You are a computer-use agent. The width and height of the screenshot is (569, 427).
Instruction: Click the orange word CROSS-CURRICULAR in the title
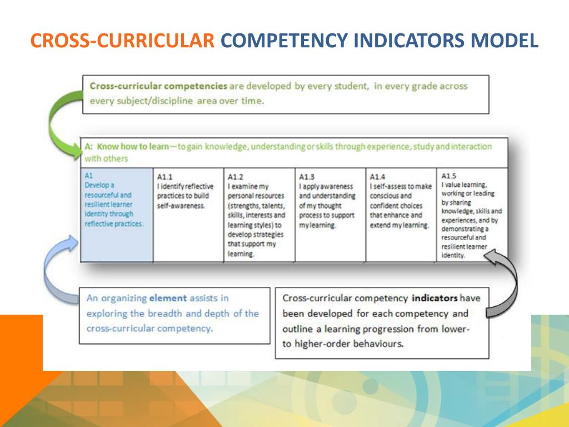coord(122,41)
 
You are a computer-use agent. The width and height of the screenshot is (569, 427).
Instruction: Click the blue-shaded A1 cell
coord(117,214)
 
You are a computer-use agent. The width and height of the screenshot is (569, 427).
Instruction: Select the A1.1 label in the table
coord(164,177)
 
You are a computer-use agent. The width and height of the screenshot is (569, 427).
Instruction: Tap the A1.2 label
coord(236,177)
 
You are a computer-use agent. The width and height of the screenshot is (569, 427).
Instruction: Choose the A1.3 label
coord(307,177)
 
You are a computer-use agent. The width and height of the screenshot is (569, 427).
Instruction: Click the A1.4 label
coord(378,177)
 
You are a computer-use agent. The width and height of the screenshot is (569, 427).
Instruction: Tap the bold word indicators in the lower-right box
coord(434,298)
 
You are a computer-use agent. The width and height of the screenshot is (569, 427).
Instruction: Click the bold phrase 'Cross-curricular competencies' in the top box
coord(158,86)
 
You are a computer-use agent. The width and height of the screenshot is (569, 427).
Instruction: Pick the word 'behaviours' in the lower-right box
coord(376,344)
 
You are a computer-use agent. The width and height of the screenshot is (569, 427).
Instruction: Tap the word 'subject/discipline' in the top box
coord(156,101)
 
